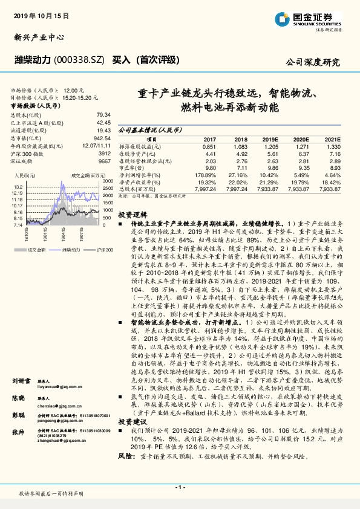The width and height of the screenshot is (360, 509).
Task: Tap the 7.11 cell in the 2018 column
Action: pos(241,167)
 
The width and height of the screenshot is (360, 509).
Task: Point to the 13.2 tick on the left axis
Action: pos(19,186)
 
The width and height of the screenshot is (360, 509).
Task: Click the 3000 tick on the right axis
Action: pos(108,181)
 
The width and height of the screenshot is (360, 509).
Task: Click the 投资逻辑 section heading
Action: pos(133,215)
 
